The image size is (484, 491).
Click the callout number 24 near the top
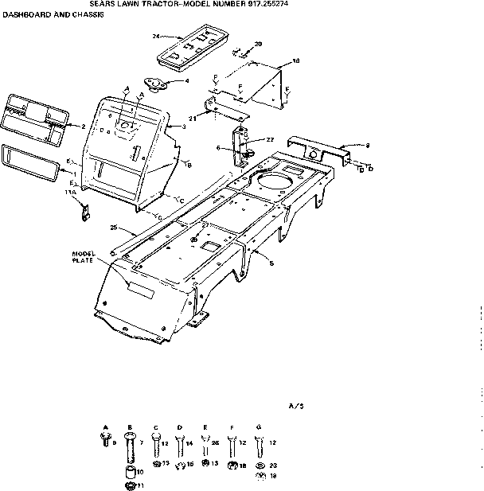[156, 37]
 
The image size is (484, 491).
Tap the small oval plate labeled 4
[151, 83]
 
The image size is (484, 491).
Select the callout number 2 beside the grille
[83, 126]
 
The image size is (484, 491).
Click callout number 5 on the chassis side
[271, 263]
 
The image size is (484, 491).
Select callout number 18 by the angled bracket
[296, 61]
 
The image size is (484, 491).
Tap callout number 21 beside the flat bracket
[192, 118]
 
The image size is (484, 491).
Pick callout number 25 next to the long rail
[113, 228]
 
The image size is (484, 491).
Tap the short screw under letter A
[105, 440]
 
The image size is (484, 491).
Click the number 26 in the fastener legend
[216, 443]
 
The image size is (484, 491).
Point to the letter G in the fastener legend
[256, 427]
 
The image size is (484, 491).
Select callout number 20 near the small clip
[258, 44]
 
